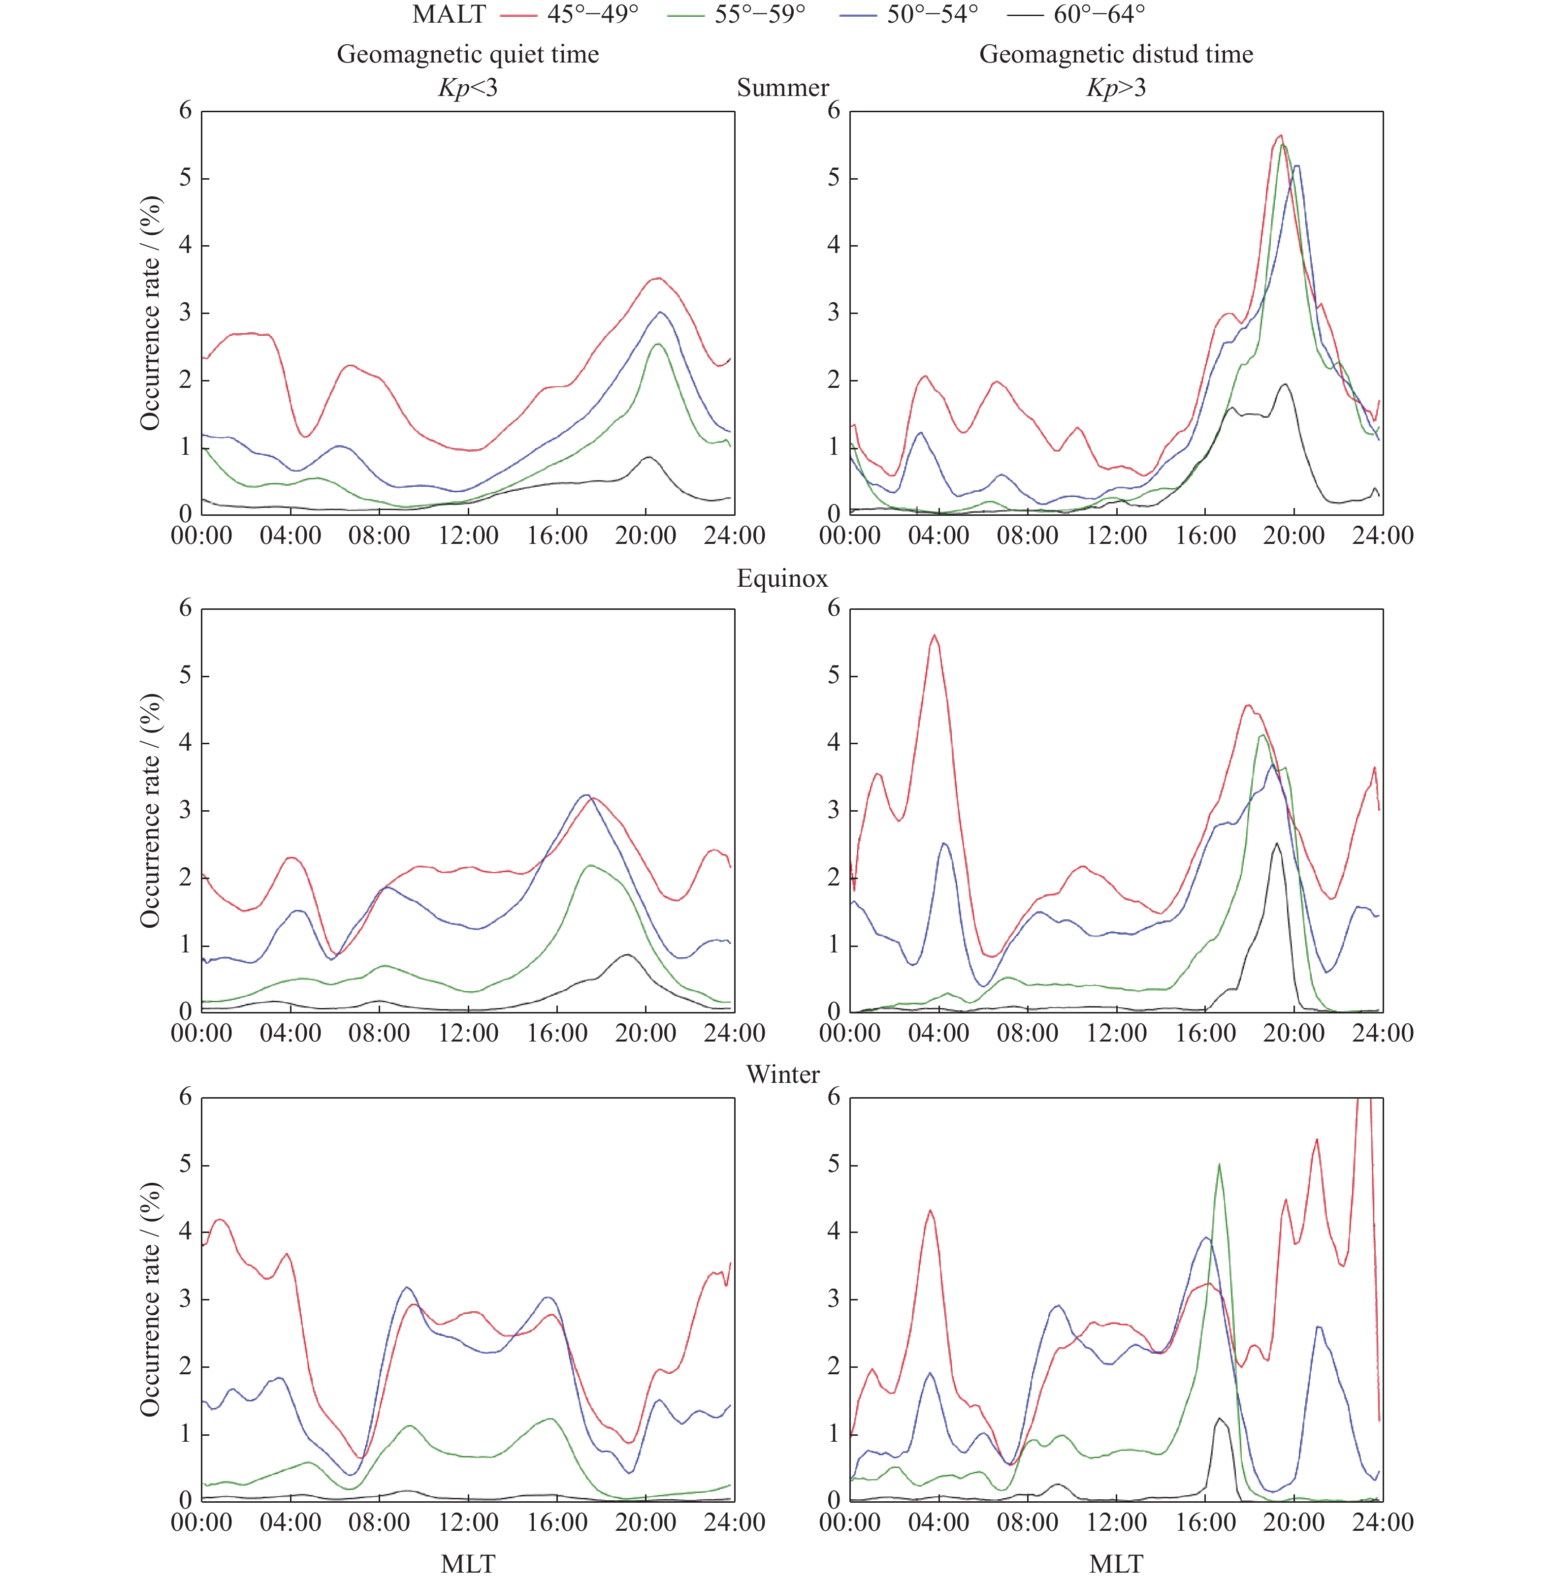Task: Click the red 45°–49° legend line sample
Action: (x=518, y=15)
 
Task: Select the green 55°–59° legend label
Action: (x=759, y=15)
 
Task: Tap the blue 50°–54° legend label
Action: (x=932, y=15)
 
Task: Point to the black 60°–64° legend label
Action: (x=1099, y=15)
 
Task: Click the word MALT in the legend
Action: (x=449, y=15)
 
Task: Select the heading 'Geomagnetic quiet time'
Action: (x=468, y=55)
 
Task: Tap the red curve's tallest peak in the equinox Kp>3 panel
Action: (x=935, y=635)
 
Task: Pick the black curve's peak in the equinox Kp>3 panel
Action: (x=1276, y=844)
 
